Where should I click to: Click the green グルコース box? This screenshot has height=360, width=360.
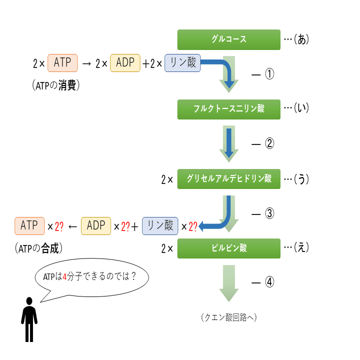(228, 39)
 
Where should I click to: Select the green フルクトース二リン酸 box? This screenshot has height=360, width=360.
(228, 109)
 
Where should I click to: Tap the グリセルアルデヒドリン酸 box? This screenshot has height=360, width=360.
(228, 178)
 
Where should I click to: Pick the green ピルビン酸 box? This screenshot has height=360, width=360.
(228, 248)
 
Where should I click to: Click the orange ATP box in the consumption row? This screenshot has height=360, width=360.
(62, 63)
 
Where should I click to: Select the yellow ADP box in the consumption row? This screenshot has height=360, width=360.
(125, 63)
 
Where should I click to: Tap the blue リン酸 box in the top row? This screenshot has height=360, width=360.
(182, 63)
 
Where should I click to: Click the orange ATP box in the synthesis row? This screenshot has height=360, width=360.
(29, 226)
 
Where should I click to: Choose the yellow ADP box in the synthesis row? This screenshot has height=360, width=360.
(96, 226)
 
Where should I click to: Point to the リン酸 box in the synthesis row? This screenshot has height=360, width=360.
(160, 226)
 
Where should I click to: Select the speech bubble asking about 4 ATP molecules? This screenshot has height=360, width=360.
(92, 277)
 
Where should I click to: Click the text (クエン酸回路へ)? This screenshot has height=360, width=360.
(228, 317)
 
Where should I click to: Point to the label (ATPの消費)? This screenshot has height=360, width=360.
(55, 85)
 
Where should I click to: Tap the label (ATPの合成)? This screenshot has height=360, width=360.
(41, 247)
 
